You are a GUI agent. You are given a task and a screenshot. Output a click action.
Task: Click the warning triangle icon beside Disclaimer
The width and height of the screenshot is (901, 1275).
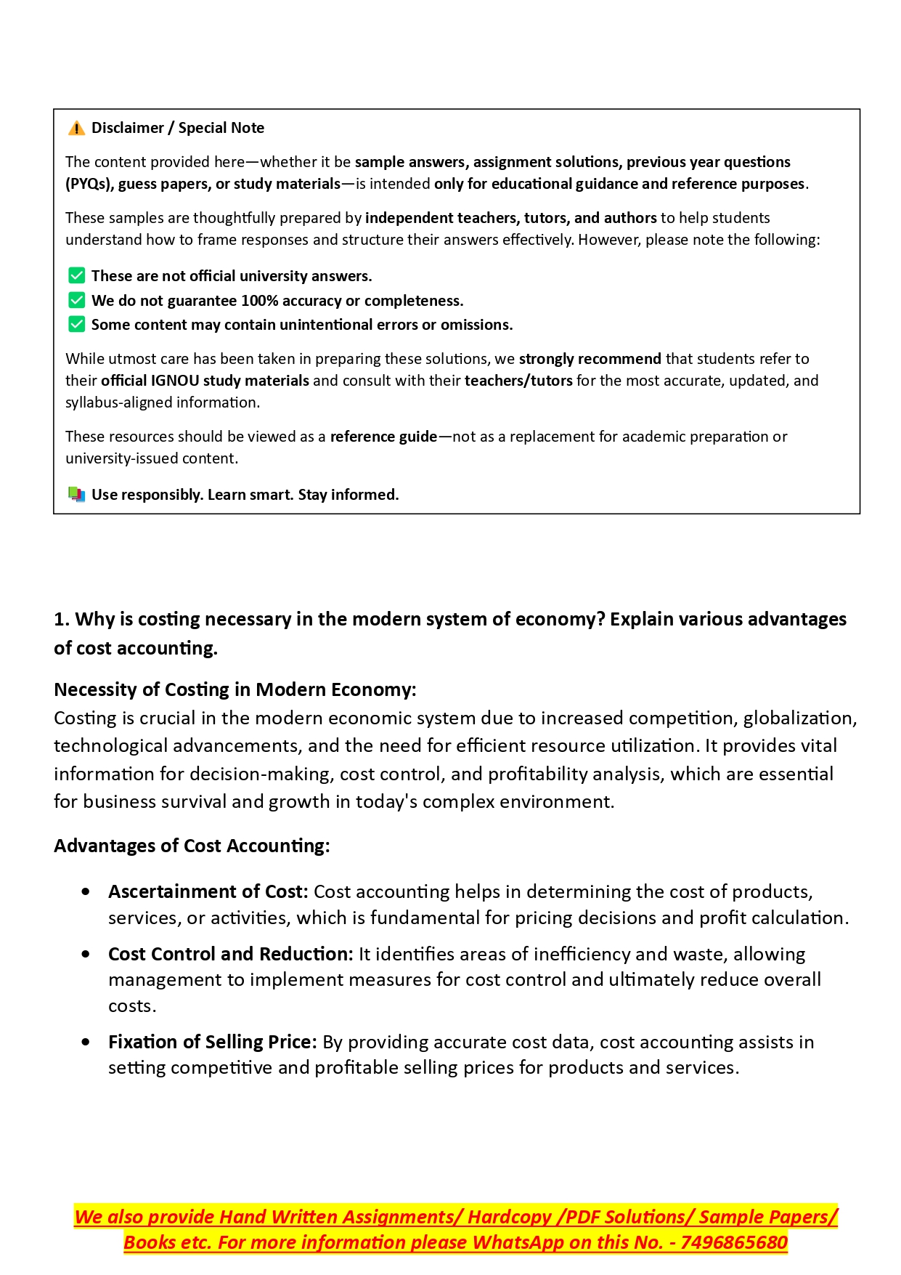click(76, 129)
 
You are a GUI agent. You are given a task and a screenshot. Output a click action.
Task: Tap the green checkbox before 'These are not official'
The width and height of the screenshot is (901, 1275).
click(76, 276)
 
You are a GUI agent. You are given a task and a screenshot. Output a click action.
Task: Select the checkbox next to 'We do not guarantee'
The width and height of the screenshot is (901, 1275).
click(76, 301)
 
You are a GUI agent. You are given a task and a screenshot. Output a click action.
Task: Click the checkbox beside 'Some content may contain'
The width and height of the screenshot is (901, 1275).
click(76, 325)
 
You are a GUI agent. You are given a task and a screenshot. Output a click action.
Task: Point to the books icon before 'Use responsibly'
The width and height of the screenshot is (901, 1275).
click(76, 495)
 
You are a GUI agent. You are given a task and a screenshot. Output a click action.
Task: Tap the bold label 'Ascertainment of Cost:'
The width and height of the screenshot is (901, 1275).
click(208, 891)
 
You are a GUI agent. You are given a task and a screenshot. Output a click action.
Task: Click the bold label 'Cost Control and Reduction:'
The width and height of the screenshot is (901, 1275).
click(230, 954)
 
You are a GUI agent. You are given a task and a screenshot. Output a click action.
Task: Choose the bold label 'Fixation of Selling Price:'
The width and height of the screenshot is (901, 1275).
click(212, 1042)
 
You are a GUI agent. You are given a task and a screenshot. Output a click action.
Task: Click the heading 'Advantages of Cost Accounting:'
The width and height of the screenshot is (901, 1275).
click(192, 846)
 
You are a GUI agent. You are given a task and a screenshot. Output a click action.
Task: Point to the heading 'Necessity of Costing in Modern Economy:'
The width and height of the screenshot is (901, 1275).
click(235, 689)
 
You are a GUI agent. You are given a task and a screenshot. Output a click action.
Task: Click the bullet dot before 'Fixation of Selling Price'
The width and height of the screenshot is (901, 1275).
click(86, 1042)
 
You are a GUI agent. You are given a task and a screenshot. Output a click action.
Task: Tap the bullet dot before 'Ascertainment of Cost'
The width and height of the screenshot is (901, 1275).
click(86, 891)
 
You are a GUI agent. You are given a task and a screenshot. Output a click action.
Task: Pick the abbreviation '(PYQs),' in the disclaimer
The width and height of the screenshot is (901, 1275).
click(89, 184)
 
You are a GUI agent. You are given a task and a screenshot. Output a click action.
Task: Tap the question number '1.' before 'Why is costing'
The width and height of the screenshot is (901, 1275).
click(62, 620)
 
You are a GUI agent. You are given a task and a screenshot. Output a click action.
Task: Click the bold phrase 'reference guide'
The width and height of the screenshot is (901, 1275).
click(383, 437)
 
